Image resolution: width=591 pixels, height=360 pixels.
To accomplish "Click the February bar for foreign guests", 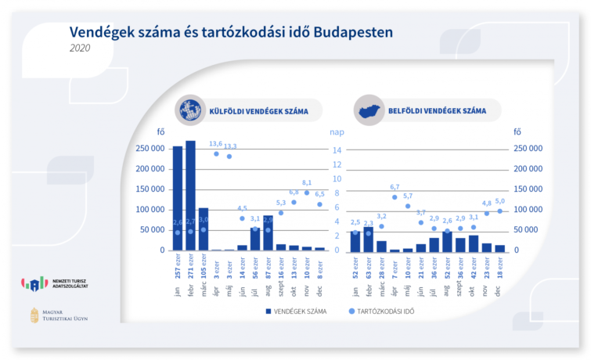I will point(190,196).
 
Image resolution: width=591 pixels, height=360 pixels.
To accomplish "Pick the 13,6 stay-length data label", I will point(216,145).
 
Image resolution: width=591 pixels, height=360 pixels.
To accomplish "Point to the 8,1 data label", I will point(307,183).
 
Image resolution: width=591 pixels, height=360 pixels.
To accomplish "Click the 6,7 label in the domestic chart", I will point(395,188).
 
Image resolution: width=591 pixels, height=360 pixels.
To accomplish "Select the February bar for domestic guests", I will point(369,239).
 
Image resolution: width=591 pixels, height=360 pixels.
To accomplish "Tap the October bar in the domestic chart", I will point(474,243).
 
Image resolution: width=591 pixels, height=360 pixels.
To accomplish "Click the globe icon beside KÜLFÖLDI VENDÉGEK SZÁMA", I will point(188,110).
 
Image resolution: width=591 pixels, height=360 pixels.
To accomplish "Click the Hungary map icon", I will point(369,110).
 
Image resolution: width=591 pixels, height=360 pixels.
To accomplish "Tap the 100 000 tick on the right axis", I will point(528,210).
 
